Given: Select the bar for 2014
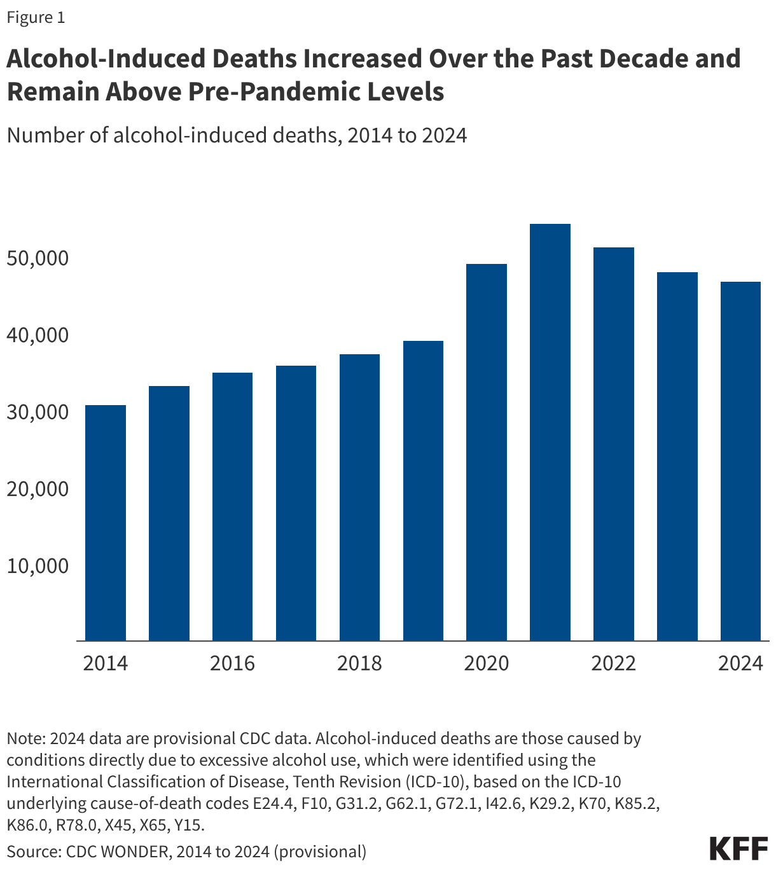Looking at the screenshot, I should (x=106, y=522).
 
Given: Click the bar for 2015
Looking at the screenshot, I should (x=169, y=513).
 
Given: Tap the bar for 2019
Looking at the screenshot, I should (x=423, y=490).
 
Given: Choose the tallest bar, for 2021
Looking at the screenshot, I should (x=550, y=432).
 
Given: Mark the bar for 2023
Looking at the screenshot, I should (x=677, y=456).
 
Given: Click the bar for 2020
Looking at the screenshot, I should (x=487, y=452).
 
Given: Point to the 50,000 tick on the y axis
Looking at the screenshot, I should (x=38, y=258).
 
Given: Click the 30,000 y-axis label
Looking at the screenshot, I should (x=38, y=412).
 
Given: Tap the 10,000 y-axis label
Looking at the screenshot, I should (x=38, y=565).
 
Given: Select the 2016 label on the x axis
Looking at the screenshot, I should (x=232, y=663).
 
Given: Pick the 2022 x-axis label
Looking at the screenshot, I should (x=613, y=663).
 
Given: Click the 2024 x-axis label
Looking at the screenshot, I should (x=740, y=663).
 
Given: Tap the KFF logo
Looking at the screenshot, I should (x=738, y=849).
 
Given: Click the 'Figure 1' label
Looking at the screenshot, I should (x=36, y=18).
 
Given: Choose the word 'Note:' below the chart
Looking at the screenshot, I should (x=25, y=739).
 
